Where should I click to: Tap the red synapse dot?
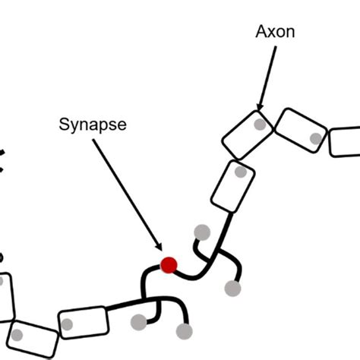(x=169, y=265)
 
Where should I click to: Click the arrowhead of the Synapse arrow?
(x=160, y=249)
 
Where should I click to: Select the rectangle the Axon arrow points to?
(x=248, y=134)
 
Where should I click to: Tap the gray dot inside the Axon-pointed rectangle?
(x=260, y=124)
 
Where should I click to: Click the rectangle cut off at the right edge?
(x=345, y=141)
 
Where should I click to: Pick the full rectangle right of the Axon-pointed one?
(x=300, y=131)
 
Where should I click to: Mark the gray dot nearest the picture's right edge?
(x=315, y=138)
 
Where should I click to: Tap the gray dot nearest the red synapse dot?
(x=202, y=232)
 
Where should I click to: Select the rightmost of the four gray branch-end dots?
(x=233, y=288)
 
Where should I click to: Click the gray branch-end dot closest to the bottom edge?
(x=184, y=331)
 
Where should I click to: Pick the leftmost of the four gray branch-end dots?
(x=138, y=322)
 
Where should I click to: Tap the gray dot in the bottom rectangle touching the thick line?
(x=68, y=325)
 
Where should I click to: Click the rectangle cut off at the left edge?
(x=5, y=297)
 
